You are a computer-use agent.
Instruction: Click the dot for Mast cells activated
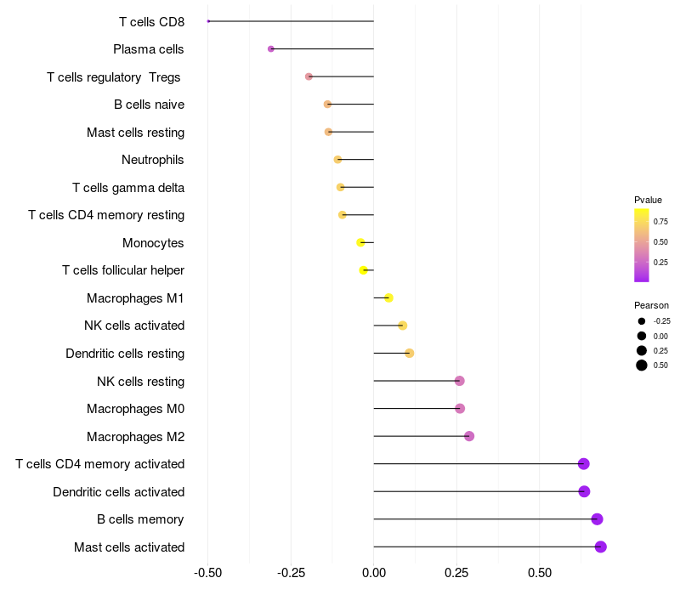[x=601, y=547]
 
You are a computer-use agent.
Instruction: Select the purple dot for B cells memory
[x=598, y=519]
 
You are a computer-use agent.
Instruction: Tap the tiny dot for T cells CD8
[x=208, y=21]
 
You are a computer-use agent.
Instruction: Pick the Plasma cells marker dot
[x=271, y=49]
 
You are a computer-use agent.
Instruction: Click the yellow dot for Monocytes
[x=360, y=242]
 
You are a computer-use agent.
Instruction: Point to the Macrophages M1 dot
[x=389, y=298]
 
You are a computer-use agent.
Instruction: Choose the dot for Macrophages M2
[x=469, y=436]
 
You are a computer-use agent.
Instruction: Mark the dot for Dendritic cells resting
[x=410, y=353]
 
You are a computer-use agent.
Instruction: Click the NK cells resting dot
[x=460, y=381]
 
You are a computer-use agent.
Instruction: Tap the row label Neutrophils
[x=153, y=160]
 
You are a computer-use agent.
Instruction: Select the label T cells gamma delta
[x=128, y=187]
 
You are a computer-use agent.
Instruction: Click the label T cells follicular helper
[x=123, y=270]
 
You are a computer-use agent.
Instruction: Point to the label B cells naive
[x=150, y=105]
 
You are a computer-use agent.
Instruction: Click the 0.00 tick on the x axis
[x=374, y=573]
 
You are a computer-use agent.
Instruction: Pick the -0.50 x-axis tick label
[x=207, y=573]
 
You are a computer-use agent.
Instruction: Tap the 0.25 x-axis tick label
[x=456, y=573]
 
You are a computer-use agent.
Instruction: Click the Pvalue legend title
[x=648, y=200]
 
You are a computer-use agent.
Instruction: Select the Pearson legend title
[x=651, y=305]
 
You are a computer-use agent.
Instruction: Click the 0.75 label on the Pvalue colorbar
[x=660, y=222]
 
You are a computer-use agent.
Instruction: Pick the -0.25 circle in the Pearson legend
[x=642, y=321]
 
